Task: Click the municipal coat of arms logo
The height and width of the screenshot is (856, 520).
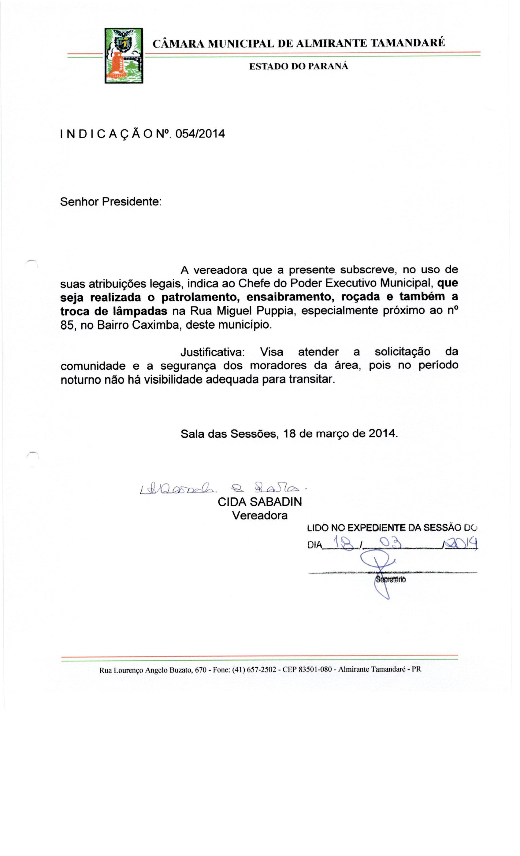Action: click(x=124, y=56)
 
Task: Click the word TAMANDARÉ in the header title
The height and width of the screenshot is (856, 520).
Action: click(x=407, y=43)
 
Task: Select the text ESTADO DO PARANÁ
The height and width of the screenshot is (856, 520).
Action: click(x=299, y=66)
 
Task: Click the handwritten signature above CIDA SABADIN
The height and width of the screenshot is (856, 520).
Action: click(x=222, y=489)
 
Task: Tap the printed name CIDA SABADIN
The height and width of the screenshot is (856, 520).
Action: click(x=260, y=502)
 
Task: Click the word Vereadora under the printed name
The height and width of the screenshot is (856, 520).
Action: click(x=260, y=515)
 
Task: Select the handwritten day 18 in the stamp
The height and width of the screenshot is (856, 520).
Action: click(x=342, y=543)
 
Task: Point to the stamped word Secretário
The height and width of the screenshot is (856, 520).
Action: click(x=391, y=579)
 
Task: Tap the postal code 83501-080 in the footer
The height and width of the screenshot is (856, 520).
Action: click(x=314, y=670)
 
